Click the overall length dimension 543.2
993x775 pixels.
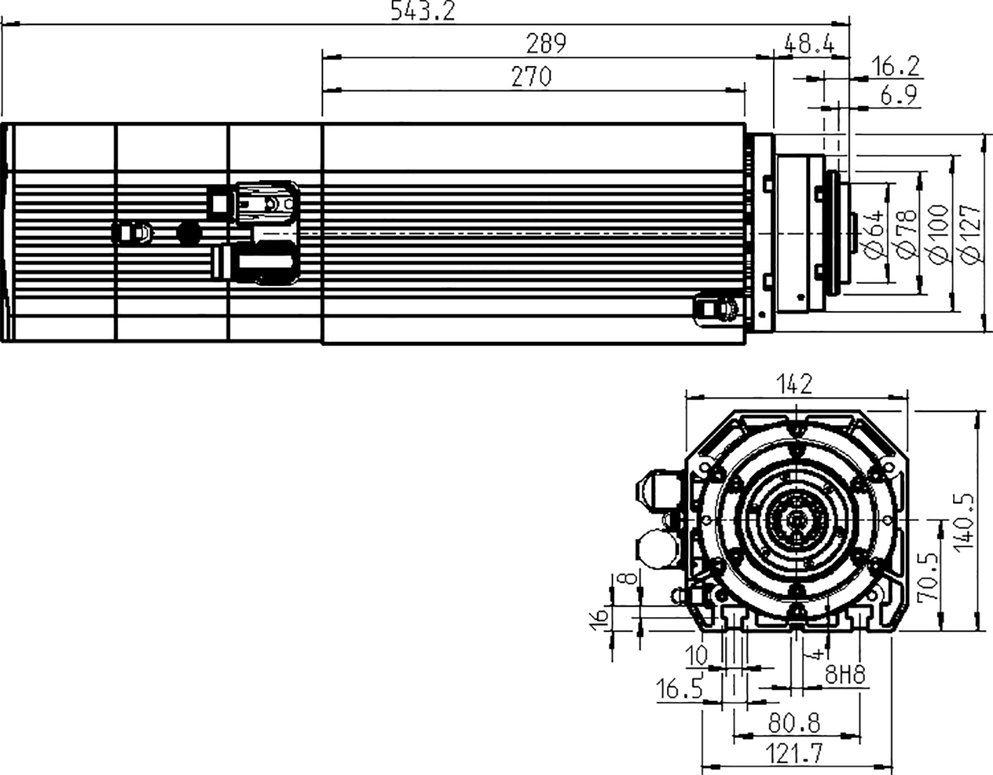click(423, 11)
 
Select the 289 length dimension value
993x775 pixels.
click(546, 43)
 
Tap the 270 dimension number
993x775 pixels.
click(531, 76)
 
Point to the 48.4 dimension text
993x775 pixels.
click(809, 44)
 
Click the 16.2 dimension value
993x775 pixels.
click(895, 67)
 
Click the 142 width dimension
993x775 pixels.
click(795, 384)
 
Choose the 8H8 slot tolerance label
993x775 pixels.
click(844, 675)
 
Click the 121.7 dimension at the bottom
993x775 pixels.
click(794, 754)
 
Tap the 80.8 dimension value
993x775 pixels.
click(794, 722)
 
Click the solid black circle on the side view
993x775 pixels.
click(189, 233)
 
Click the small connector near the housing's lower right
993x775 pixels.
click(714, 308)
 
